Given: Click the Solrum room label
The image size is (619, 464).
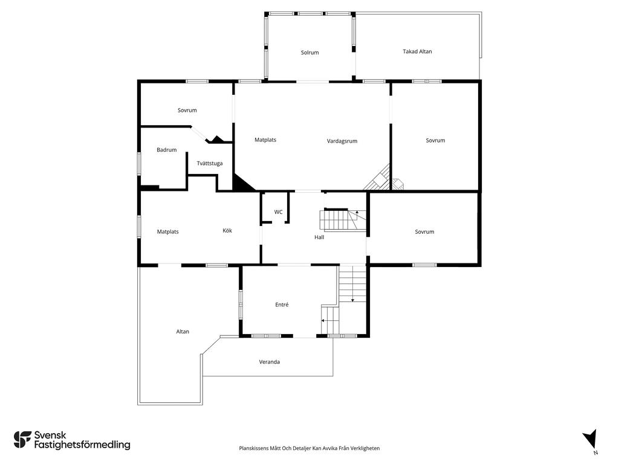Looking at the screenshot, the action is (x=309, y=53).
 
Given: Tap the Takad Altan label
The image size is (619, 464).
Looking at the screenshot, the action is (x=417, y=51).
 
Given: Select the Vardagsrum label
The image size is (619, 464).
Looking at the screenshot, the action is (x=342, y=141).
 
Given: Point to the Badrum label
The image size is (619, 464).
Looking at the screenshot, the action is (x=167, y=150).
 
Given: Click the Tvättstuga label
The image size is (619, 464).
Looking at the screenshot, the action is (x=210, y=163).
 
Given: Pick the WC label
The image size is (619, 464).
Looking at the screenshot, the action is (x=278, y=212).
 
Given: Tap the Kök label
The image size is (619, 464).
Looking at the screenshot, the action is (x=227, y=230).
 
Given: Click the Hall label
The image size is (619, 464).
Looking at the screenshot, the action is (x=319, y=237).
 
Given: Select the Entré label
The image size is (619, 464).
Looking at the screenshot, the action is (x=282, y=304).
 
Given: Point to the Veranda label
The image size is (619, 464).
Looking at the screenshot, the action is (x=269, y=362).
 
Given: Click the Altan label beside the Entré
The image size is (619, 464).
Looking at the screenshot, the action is (x=183, y=332).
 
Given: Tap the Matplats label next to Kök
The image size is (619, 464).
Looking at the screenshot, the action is (x=168, y=231).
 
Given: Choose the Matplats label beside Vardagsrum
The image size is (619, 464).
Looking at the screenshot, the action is (x=265, y=140).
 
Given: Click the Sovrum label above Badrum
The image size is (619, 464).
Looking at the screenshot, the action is (x=187, y=110).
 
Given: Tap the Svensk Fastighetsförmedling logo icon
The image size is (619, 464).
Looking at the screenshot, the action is (x=22, y=440).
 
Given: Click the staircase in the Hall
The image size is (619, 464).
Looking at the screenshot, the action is (x=343, y=220).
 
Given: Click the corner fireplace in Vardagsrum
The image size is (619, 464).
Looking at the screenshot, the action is (x=377, y=178).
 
